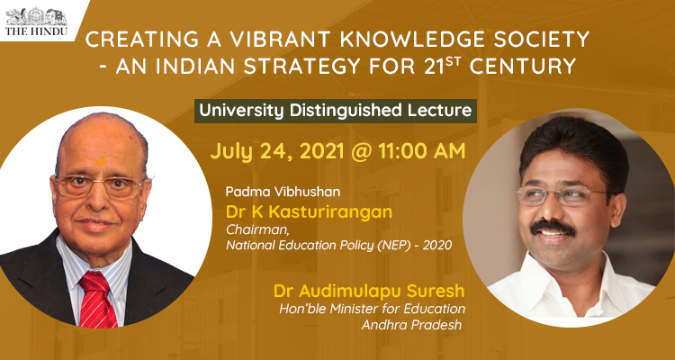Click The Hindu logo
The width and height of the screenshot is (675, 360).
pos(36,22)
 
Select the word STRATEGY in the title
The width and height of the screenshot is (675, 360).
pos(302,67)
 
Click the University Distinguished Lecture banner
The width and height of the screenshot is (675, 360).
pos(336,111)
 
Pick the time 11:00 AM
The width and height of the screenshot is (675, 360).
pos(422,151)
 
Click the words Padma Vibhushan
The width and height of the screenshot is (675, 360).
pos(283,192)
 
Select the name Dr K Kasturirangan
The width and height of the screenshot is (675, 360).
pos(309,212)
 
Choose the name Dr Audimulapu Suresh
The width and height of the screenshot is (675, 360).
pos(369,291)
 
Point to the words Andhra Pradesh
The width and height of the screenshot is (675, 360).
pos(411,325)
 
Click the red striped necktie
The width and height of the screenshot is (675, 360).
pos(98,300)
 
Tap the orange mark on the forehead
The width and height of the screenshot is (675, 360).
pos(100,161)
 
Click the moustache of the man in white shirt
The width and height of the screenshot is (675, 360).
pos(553,228)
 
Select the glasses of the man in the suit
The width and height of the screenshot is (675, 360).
pos(99,186)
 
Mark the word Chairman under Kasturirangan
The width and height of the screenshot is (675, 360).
pos(250,230)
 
